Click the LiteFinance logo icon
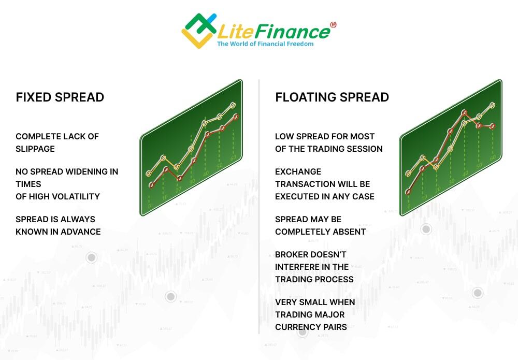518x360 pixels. click(198, 30)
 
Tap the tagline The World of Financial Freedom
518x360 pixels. click(265, 44)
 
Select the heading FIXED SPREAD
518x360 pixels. click(60, 97)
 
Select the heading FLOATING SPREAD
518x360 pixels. click(332, 97)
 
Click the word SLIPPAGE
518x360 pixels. click(35, 149)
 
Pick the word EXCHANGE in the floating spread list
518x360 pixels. click(298, 171)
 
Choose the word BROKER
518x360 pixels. click(294, 254)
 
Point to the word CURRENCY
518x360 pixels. click(297, 327)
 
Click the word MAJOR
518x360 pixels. click(329, 314)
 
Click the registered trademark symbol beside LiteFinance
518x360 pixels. click(333, 25)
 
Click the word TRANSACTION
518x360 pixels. click(305, 184)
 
